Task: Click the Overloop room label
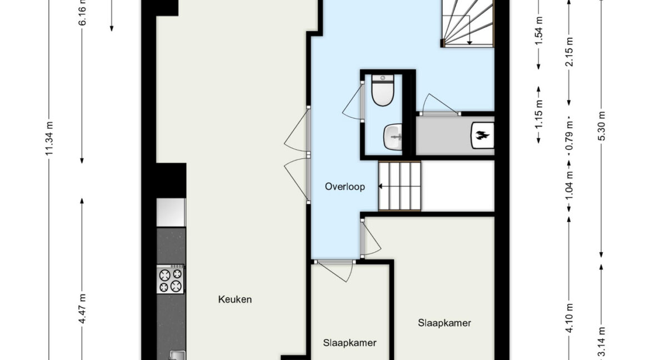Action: click(345, 187)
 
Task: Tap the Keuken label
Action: click(235, 299)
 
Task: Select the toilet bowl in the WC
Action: click(383, 90)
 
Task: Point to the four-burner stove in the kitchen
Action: click(171, 279)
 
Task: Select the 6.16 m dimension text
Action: click(82, 12)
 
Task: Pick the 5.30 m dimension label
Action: click(602, 126)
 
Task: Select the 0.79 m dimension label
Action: click(569, 136)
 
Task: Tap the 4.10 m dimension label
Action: click(569, 318)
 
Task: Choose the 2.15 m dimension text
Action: click(569, 52)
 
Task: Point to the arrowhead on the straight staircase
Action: click(381, 187)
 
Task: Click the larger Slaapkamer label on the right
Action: click(444, 323)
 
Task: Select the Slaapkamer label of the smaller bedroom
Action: click(350, 343)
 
